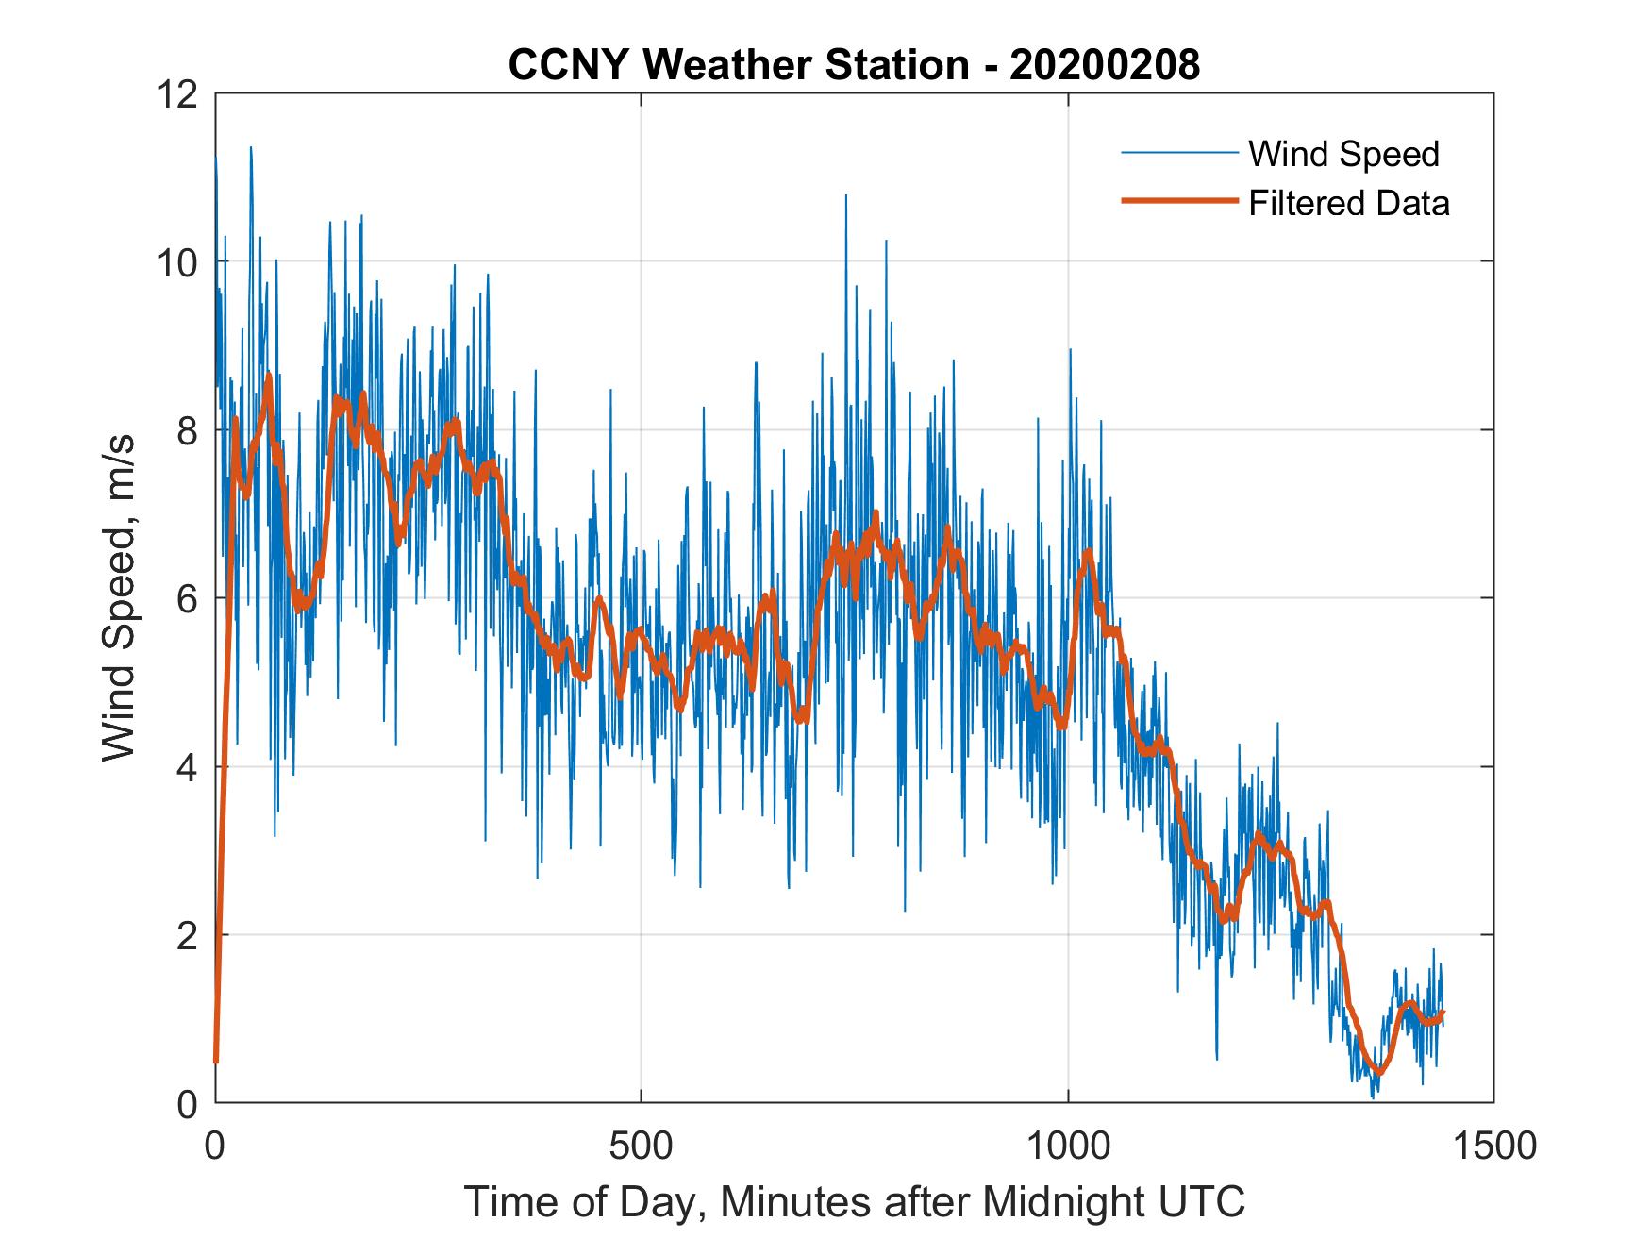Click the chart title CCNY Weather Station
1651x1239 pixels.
(738, 65)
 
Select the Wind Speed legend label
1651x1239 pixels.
(1343, 154)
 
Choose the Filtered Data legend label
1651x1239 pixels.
(1348, 203)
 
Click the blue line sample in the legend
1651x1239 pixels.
(1178, 153)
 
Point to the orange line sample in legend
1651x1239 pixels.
(1178, 201)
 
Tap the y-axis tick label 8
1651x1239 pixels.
(187, 430)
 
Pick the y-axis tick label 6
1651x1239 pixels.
(187, 598)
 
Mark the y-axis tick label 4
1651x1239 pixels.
(187, 766)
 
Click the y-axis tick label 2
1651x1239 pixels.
(187, 935)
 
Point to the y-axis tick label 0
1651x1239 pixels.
(187, 1103)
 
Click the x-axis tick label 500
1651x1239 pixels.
(641, 1146)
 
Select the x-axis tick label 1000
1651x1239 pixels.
(1068, 1146)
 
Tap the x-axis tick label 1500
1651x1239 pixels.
(1493, 1146)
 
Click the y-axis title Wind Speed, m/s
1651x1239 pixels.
(120, 597)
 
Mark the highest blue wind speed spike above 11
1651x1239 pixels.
(251, 148)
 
